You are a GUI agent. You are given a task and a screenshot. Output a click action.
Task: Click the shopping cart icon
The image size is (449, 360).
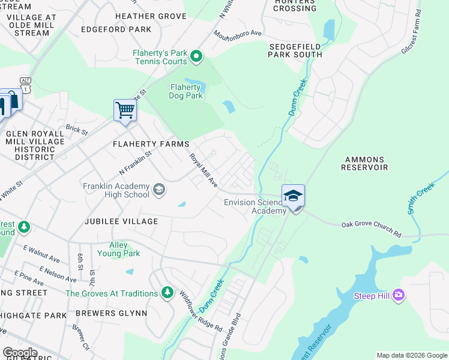[x=125, y=110]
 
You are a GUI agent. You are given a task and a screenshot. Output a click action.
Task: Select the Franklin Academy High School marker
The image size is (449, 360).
[x=158, y=190]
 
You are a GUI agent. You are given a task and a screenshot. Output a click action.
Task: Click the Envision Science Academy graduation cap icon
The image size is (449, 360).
[x=293, y=196]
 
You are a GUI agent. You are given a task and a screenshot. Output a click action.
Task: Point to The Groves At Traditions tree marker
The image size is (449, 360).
[x=168, y=293]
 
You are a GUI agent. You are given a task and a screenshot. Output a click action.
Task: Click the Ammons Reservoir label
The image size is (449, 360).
[x=364, y=163]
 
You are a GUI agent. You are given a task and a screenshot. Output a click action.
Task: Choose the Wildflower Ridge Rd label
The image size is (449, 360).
[x=201, y=312]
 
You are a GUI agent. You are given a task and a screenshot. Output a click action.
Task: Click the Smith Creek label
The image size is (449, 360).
[x=420, y=199]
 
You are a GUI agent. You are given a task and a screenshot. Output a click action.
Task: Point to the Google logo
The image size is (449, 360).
[x=20, y=353]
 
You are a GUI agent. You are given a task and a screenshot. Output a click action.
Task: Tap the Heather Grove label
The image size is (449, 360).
[x=151, y=16]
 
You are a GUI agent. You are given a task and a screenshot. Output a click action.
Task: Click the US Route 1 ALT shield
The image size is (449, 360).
[x=26, y=88]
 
